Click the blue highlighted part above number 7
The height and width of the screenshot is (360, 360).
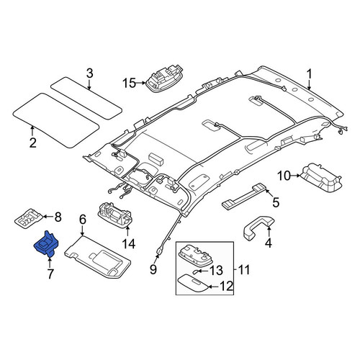(46, 244)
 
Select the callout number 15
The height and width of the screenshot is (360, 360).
(130, 84)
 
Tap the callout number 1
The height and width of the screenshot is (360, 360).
(309, 74)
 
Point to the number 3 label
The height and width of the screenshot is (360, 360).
(89, 73)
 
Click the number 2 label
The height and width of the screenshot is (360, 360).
(33, 143)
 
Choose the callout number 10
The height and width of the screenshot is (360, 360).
(284, 176)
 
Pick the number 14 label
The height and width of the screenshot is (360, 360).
(129, 244)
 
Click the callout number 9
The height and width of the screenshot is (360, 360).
(153, 269)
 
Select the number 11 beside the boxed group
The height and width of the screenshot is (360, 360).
(244, 269)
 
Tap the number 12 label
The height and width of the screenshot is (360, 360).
(227, 286)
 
